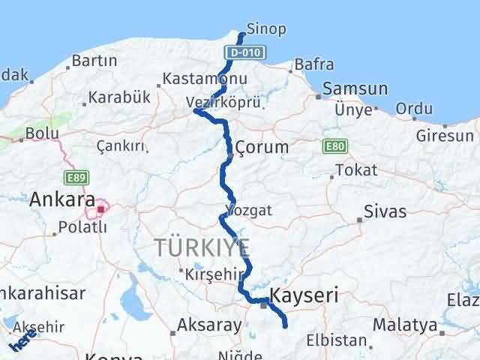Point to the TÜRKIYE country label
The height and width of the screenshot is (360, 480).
(x=202, y=248)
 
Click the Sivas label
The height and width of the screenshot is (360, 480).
(x=385, y=212)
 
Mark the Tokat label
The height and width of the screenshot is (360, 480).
(x=356, y=170)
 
